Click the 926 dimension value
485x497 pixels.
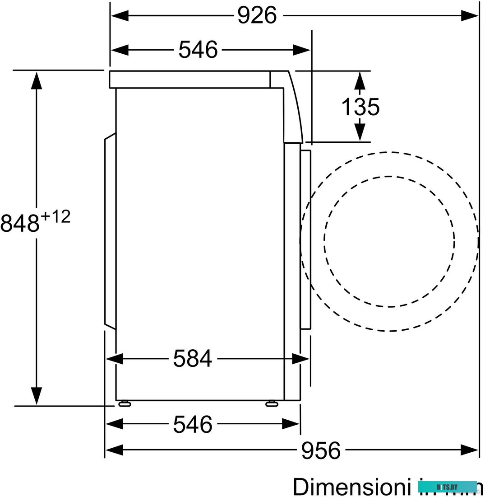click(257, 16)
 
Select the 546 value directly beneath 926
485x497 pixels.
click(198, 49)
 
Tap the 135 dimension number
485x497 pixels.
click(360, 107)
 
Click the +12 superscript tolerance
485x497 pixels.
click(56, 217)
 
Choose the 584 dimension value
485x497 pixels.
click(193, 359)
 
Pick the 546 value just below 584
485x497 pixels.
click(193, 424)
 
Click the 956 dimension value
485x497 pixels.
click(321, 450)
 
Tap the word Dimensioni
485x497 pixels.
click(347, 487)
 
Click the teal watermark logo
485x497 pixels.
click(447, 487)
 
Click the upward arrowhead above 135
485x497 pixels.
click(359, 81)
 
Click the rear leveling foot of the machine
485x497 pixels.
click(125, 403)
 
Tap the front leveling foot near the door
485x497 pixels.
click(272, 403)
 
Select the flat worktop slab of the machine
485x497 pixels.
click(189, 79)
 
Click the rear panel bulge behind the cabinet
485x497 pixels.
click(110, 230)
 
